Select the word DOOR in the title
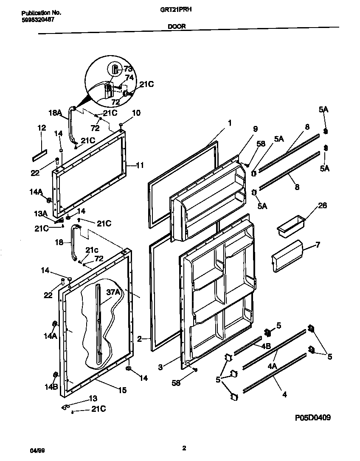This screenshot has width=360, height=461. click(176, 25)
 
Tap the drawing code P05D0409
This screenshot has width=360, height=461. click(313, 418)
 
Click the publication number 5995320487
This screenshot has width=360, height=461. click(38, 20)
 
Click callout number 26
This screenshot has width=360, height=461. click(323, 206)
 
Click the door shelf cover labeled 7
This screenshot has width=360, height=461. click(286, 256)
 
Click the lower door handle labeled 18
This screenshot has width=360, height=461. click(75, 244)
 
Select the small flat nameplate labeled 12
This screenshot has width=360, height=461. click(39, 156)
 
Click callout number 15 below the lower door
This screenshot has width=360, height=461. click(122, 391)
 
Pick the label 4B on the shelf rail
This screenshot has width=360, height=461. click(266, 346)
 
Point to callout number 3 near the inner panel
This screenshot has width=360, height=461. click(160, 368)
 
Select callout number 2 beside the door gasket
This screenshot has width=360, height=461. click(139, 338)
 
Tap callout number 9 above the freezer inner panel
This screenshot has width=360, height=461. click(255, 129)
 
